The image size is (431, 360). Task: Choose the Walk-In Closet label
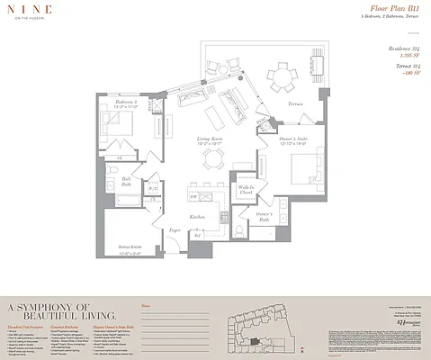pos(245,190)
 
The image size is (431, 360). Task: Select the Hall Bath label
pos(127,181)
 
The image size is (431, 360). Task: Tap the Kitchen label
pos(198,218)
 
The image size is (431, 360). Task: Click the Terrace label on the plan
pos(295,104)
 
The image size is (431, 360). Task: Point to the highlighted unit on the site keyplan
pos(256,341)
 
